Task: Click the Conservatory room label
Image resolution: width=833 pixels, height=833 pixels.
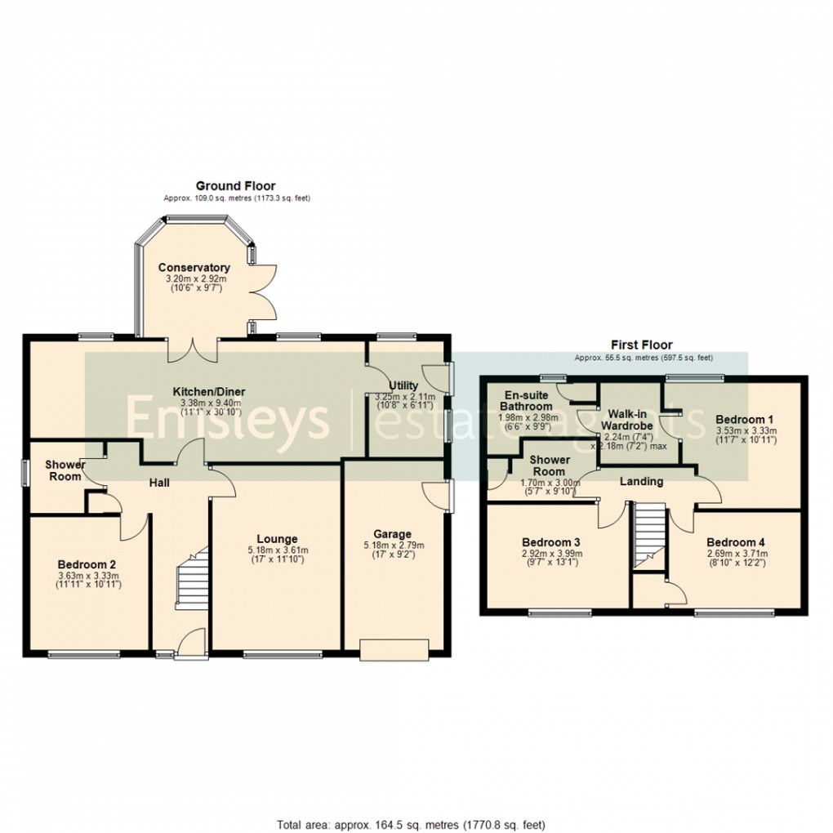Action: (x=194, y=268)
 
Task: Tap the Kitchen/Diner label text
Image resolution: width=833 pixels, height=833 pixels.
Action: (x=208, y=392)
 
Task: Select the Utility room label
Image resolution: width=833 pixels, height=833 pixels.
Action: (x=403, y=385)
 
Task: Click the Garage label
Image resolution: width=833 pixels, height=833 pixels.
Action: (x=394, y=535)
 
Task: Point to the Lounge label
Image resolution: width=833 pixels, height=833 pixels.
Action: (x=277, y=539)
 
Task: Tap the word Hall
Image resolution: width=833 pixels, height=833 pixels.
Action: (x=158, y=483)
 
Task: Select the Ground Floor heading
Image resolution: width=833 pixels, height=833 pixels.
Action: (x=235, y=186)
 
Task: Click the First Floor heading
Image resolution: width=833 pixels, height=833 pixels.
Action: (x=642, y=345)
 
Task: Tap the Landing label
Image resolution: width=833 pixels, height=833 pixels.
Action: (x=641, y=482)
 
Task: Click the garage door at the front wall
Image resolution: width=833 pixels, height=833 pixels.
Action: (x=394, y=650)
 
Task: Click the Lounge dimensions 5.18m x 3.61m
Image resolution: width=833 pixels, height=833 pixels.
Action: (x=277, y=550)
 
